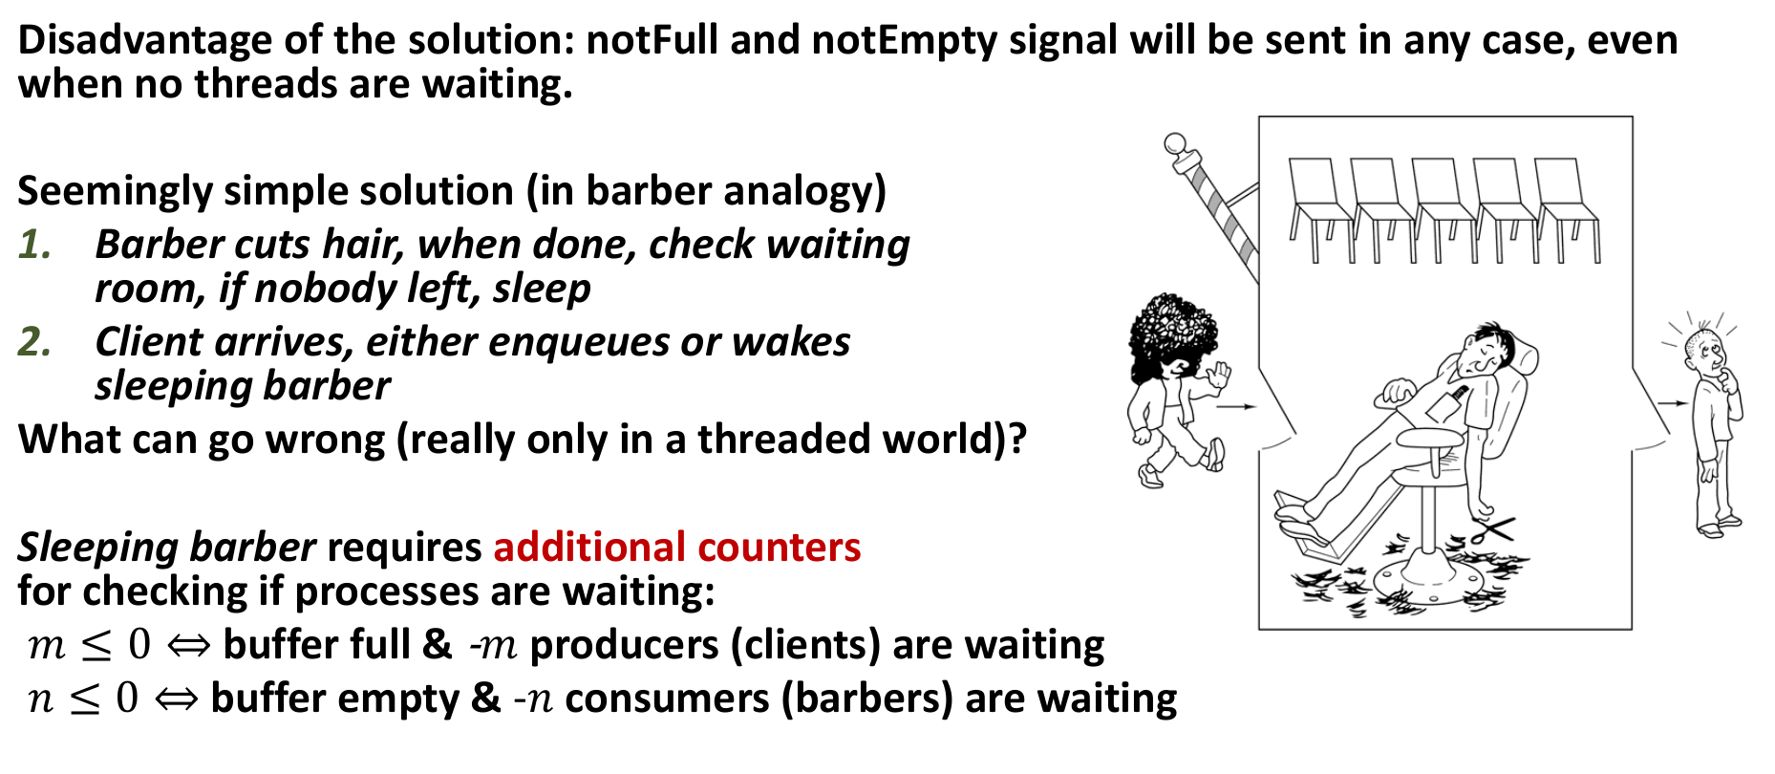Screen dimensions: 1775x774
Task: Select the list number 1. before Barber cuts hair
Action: (x=35, y=245)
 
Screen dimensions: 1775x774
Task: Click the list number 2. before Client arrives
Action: (x=35, y=342)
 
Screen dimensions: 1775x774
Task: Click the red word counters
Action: (x=779, y=548)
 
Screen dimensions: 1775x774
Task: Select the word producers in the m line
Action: (x=624, y=646)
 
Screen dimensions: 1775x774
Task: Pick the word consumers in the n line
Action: (x=667, y=699)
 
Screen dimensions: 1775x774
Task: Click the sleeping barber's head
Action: (x=1484, y=351)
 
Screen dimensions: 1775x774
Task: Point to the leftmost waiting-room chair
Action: (x=1320, y=210)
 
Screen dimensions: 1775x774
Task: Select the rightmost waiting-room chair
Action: (x=1567, y=210)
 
